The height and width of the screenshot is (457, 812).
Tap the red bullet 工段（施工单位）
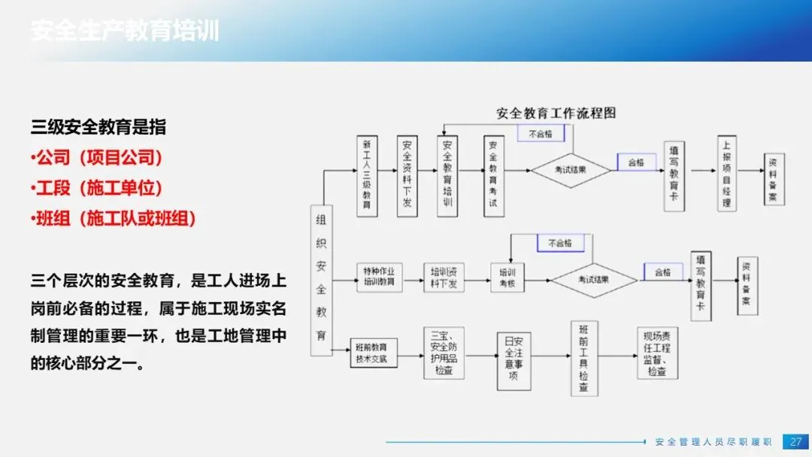[x=98, y=188]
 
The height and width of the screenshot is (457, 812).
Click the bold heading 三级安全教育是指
[x=98, y=127]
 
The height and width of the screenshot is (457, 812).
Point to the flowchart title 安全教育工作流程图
[x=556, y=113]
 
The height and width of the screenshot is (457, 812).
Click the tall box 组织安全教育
[x=321, y=279]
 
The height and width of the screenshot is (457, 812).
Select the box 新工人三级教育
[x=367, y=176]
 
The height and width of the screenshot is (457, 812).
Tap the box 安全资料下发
[x=407, y=176]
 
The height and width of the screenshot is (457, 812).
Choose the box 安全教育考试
[x=494, y=176]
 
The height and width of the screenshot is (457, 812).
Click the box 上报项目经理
[x=726, y=174]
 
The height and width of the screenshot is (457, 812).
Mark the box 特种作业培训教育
[x=379, y=276]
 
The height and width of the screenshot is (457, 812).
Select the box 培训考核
[x=507, y=276]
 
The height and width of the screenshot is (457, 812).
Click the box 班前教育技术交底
[x=374, y=353]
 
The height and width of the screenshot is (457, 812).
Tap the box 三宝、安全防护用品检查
[x=444, y=353]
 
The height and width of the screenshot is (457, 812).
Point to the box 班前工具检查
[x=583, y=359]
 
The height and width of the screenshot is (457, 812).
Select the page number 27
[x=795, y=441]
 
